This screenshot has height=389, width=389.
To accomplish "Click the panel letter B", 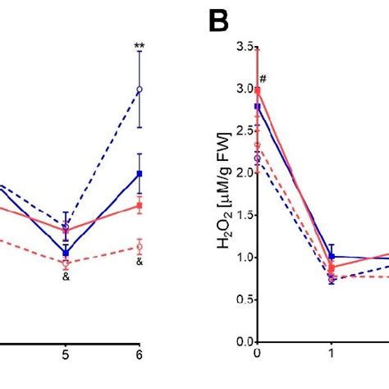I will pos(220,22).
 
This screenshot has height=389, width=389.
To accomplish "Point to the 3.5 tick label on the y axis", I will pos(243,48).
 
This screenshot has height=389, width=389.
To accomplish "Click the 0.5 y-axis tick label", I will pos(243,299).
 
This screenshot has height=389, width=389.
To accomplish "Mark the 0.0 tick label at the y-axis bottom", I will pos(243,341).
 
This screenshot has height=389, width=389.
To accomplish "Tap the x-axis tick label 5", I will pos(66,355).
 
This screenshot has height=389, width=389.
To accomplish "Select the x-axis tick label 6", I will pos(140,355).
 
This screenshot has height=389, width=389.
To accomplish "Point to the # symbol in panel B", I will pos(264,80).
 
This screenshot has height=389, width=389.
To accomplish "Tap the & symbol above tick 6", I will pos(140,262).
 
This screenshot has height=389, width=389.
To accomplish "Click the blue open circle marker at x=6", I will pos(140,89).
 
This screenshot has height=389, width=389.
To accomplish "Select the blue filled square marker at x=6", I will pos(140,173).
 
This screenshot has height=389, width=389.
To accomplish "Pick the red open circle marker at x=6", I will pos(140,246).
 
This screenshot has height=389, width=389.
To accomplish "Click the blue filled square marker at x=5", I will pos(66,253).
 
